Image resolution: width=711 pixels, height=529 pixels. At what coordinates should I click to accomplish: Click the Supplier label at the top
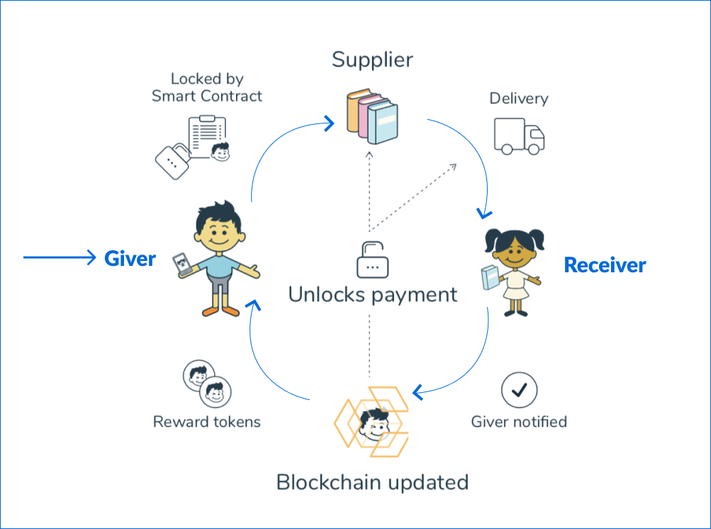click(372, 60)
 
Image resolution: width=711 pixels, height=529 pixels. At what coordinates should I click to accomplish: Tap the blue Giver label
click(130, 259)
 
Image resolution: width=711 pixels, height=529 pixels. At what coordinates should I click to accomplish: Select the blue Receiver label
click(605, 265)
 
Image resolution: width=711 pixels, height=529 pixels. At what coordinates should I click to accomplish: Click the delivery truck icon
click(519, 136)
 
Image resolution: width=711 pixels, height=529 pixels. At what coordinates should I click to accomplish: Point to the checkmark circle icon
click(519, 389)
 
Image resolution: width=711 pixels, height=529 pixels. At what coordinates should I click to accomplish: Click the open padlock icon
click(372, 260)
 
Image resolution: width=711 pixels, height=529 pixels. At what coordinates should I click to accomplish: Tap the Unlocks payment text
click(373, 294)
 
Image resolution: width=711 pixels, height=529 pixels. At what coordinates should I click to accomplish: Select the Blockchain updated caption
click(372, 482)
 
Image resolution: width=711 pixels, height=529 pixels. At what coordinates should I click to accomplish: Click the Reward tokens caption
click(207, 422)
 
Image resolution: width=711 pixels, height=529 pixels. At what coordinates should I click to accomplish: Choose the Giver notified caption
click(519, 422)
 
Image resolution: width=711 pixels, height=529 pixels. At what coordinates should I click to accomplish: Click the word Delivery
click(519, 99)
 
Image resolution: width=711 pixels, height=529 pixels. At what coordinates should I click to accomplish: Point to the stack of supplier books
click(372, 116)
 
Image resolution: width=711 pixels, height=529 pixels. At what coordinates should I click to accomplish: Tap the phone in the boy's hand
click(184, 264)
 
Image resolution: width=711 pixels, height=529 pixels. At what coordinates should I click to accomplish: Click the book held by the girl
click(489, 277)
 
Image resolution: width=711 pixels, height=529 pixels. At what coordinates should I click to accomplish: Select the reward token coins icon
click(207, 383)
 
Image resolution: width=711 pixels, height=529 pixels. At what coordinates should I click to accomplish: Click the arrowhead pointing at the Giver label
click(90, 257)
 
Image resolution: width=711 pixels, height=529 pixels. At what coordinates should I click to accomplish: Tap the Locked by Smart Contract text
click(207, 87)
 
